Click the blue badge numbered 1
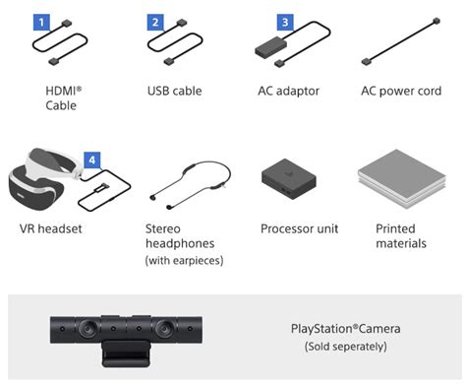point(41,21)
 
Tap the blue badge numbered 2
point(155,21)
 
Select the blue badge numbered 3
point(284,21)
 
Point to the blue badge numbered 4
point(90,159)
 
